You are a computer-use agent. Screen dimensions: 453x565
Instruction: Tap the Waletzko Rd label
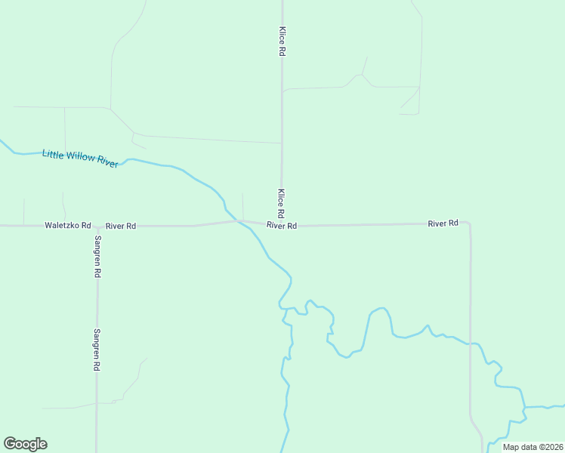pos(67,226)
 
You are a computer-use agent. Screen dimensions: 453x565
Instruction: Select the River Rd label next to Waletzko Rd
pos(120,226)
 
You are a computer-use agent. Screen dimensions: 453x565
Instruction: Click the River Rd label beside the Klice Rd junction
pos(281,226)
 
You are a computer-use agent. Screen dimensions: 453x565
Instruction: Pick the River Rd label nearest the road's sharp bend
pos(443,223)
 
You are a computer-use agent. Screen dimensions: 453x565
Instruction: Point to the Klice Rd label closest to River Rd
pos(281,202)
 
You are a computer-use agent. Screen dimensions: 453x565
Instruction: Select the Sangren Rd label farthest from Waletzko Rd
pos(97,349)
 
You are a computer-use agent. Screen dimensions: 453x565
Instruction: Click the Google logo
pos(25,444)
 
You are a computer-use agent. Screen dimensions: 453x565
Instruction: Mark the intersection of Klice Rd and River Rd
pos(282,224)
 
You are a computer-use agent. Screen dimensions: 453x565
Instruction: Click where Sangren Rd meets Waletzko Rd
pos(97,226)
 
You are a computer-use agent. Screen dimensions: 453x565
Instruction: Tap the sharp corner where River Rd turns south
pos(469,223)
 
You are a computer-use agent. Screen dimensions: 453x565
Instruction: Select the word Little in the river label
pos(53,154)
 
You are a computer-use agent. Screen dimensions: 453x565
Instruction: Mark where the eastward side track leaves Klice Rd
pos(282,91)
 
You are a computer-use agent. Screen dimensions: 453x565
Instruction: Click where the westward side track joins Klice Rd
pos(282,143)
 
